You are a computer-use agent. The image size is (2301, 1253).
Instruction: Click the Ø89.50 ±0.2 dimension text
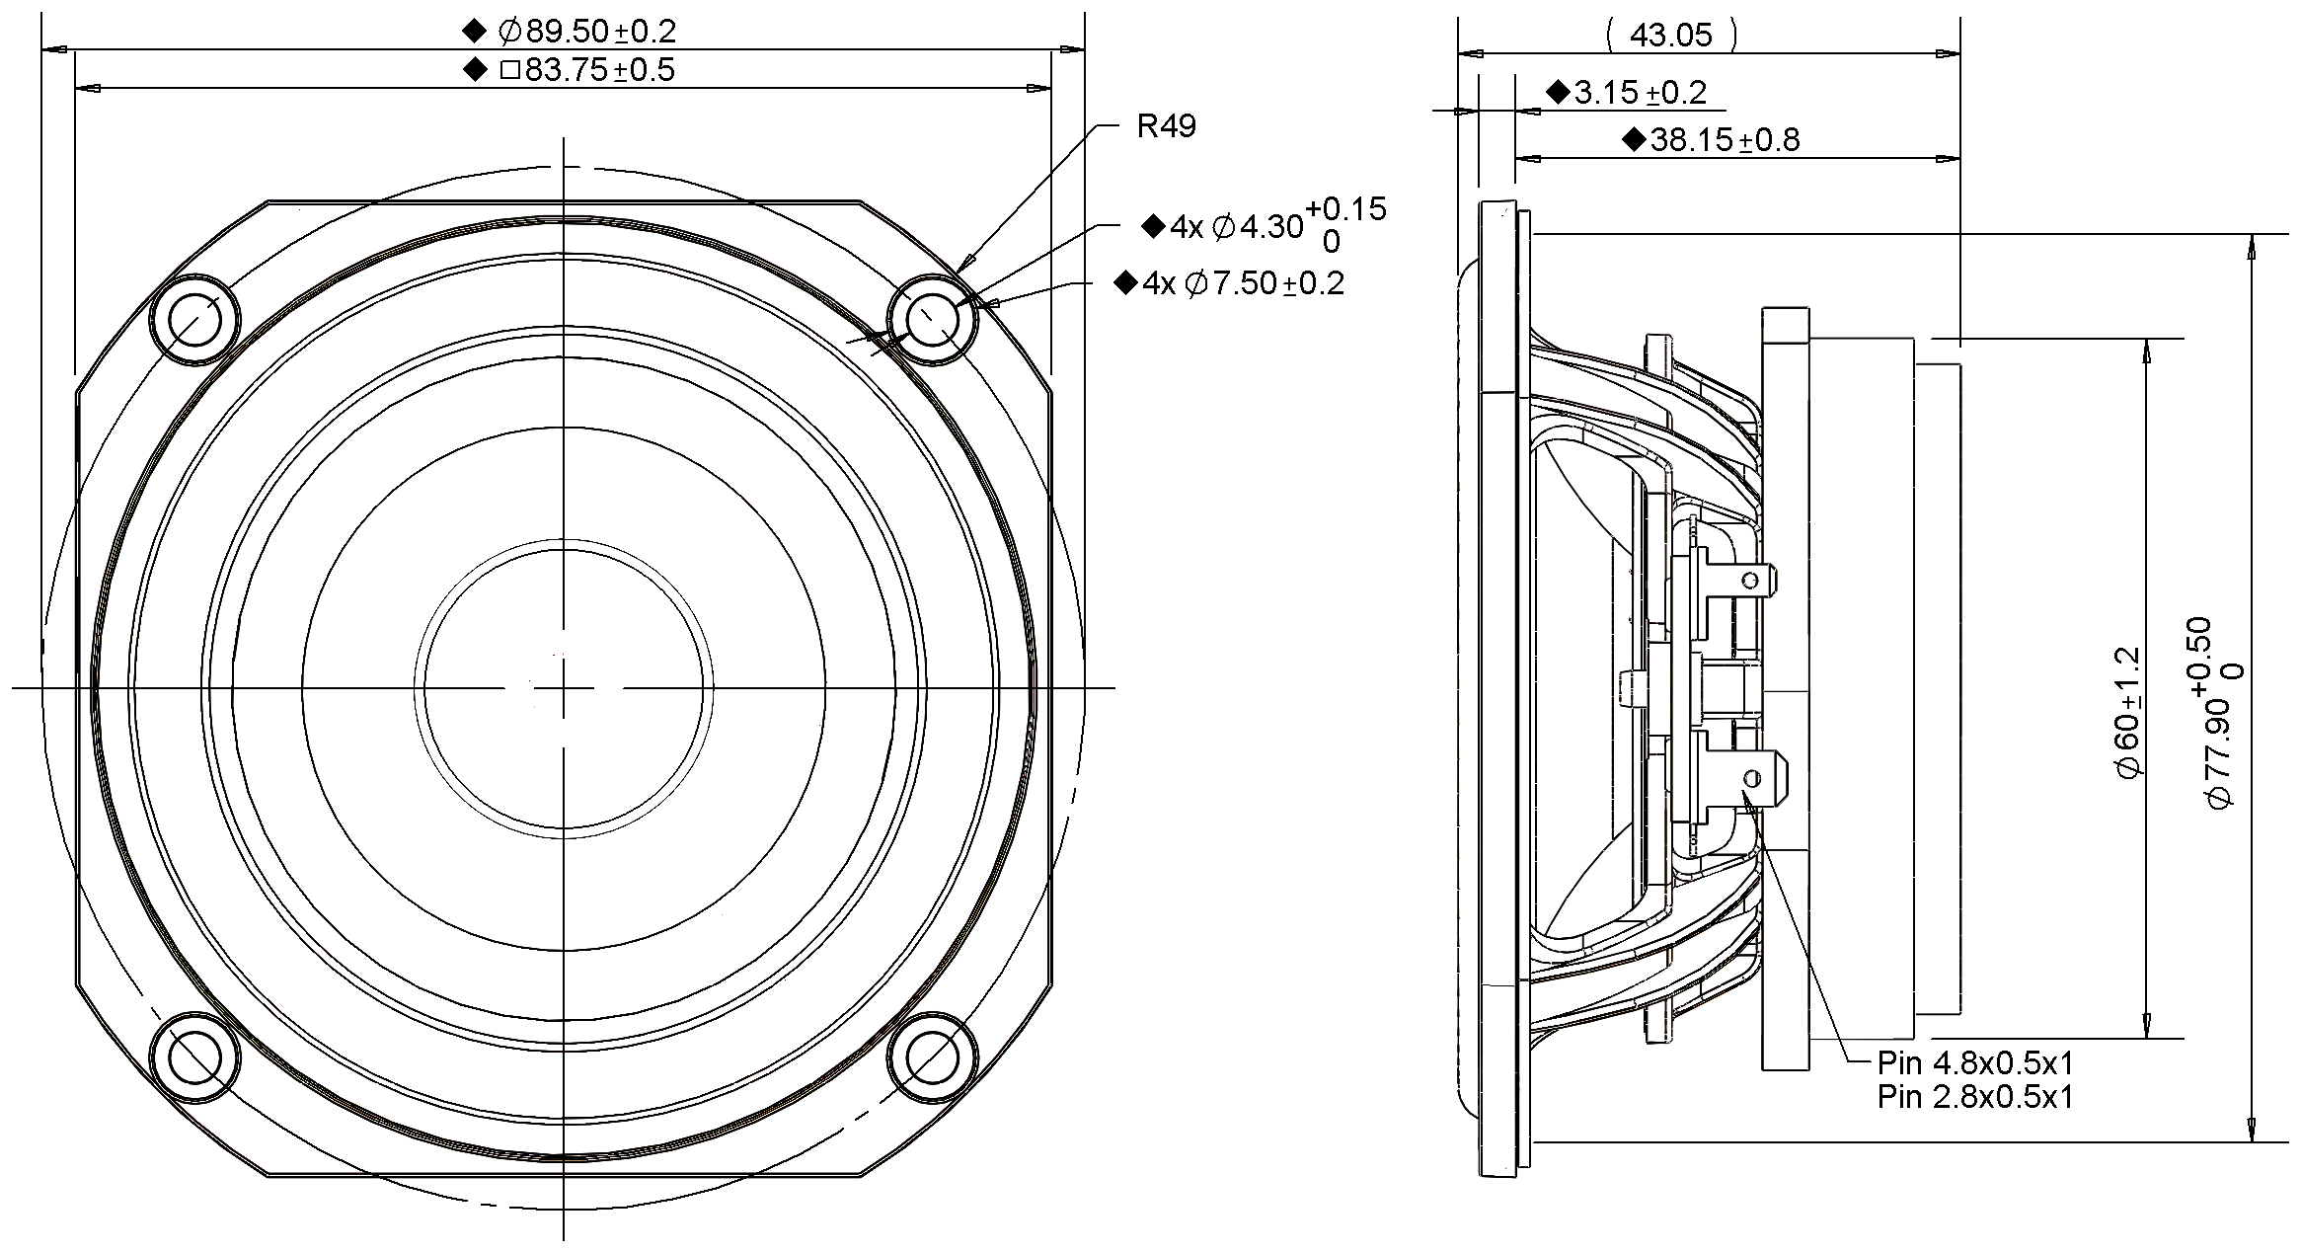pos(586,32)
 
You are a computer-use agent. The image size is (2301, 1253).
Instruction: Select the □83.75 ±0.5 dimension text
pos(586,70)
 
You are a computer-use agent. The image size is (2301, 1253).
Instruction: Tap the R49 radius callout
pos(1166,126)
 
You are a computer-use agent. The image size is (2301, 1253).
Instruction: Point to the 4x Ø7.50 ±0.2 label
pos(1242,284)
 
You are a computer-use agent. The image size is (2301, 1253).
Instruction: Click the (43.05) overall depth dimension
pos(1670,36)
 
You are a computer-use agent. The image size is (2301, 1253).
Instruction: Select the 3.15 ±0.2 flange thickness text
pos(1639,93)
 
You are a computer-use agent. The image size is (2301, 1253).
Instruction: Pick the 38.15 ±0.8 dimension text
pos(1724,140)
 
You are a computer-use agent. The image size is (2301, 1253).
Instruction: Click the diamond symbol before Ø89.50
pos(475,32)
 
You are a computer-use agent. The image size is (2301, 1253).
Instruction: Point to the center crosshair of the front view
pos(563,687)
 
